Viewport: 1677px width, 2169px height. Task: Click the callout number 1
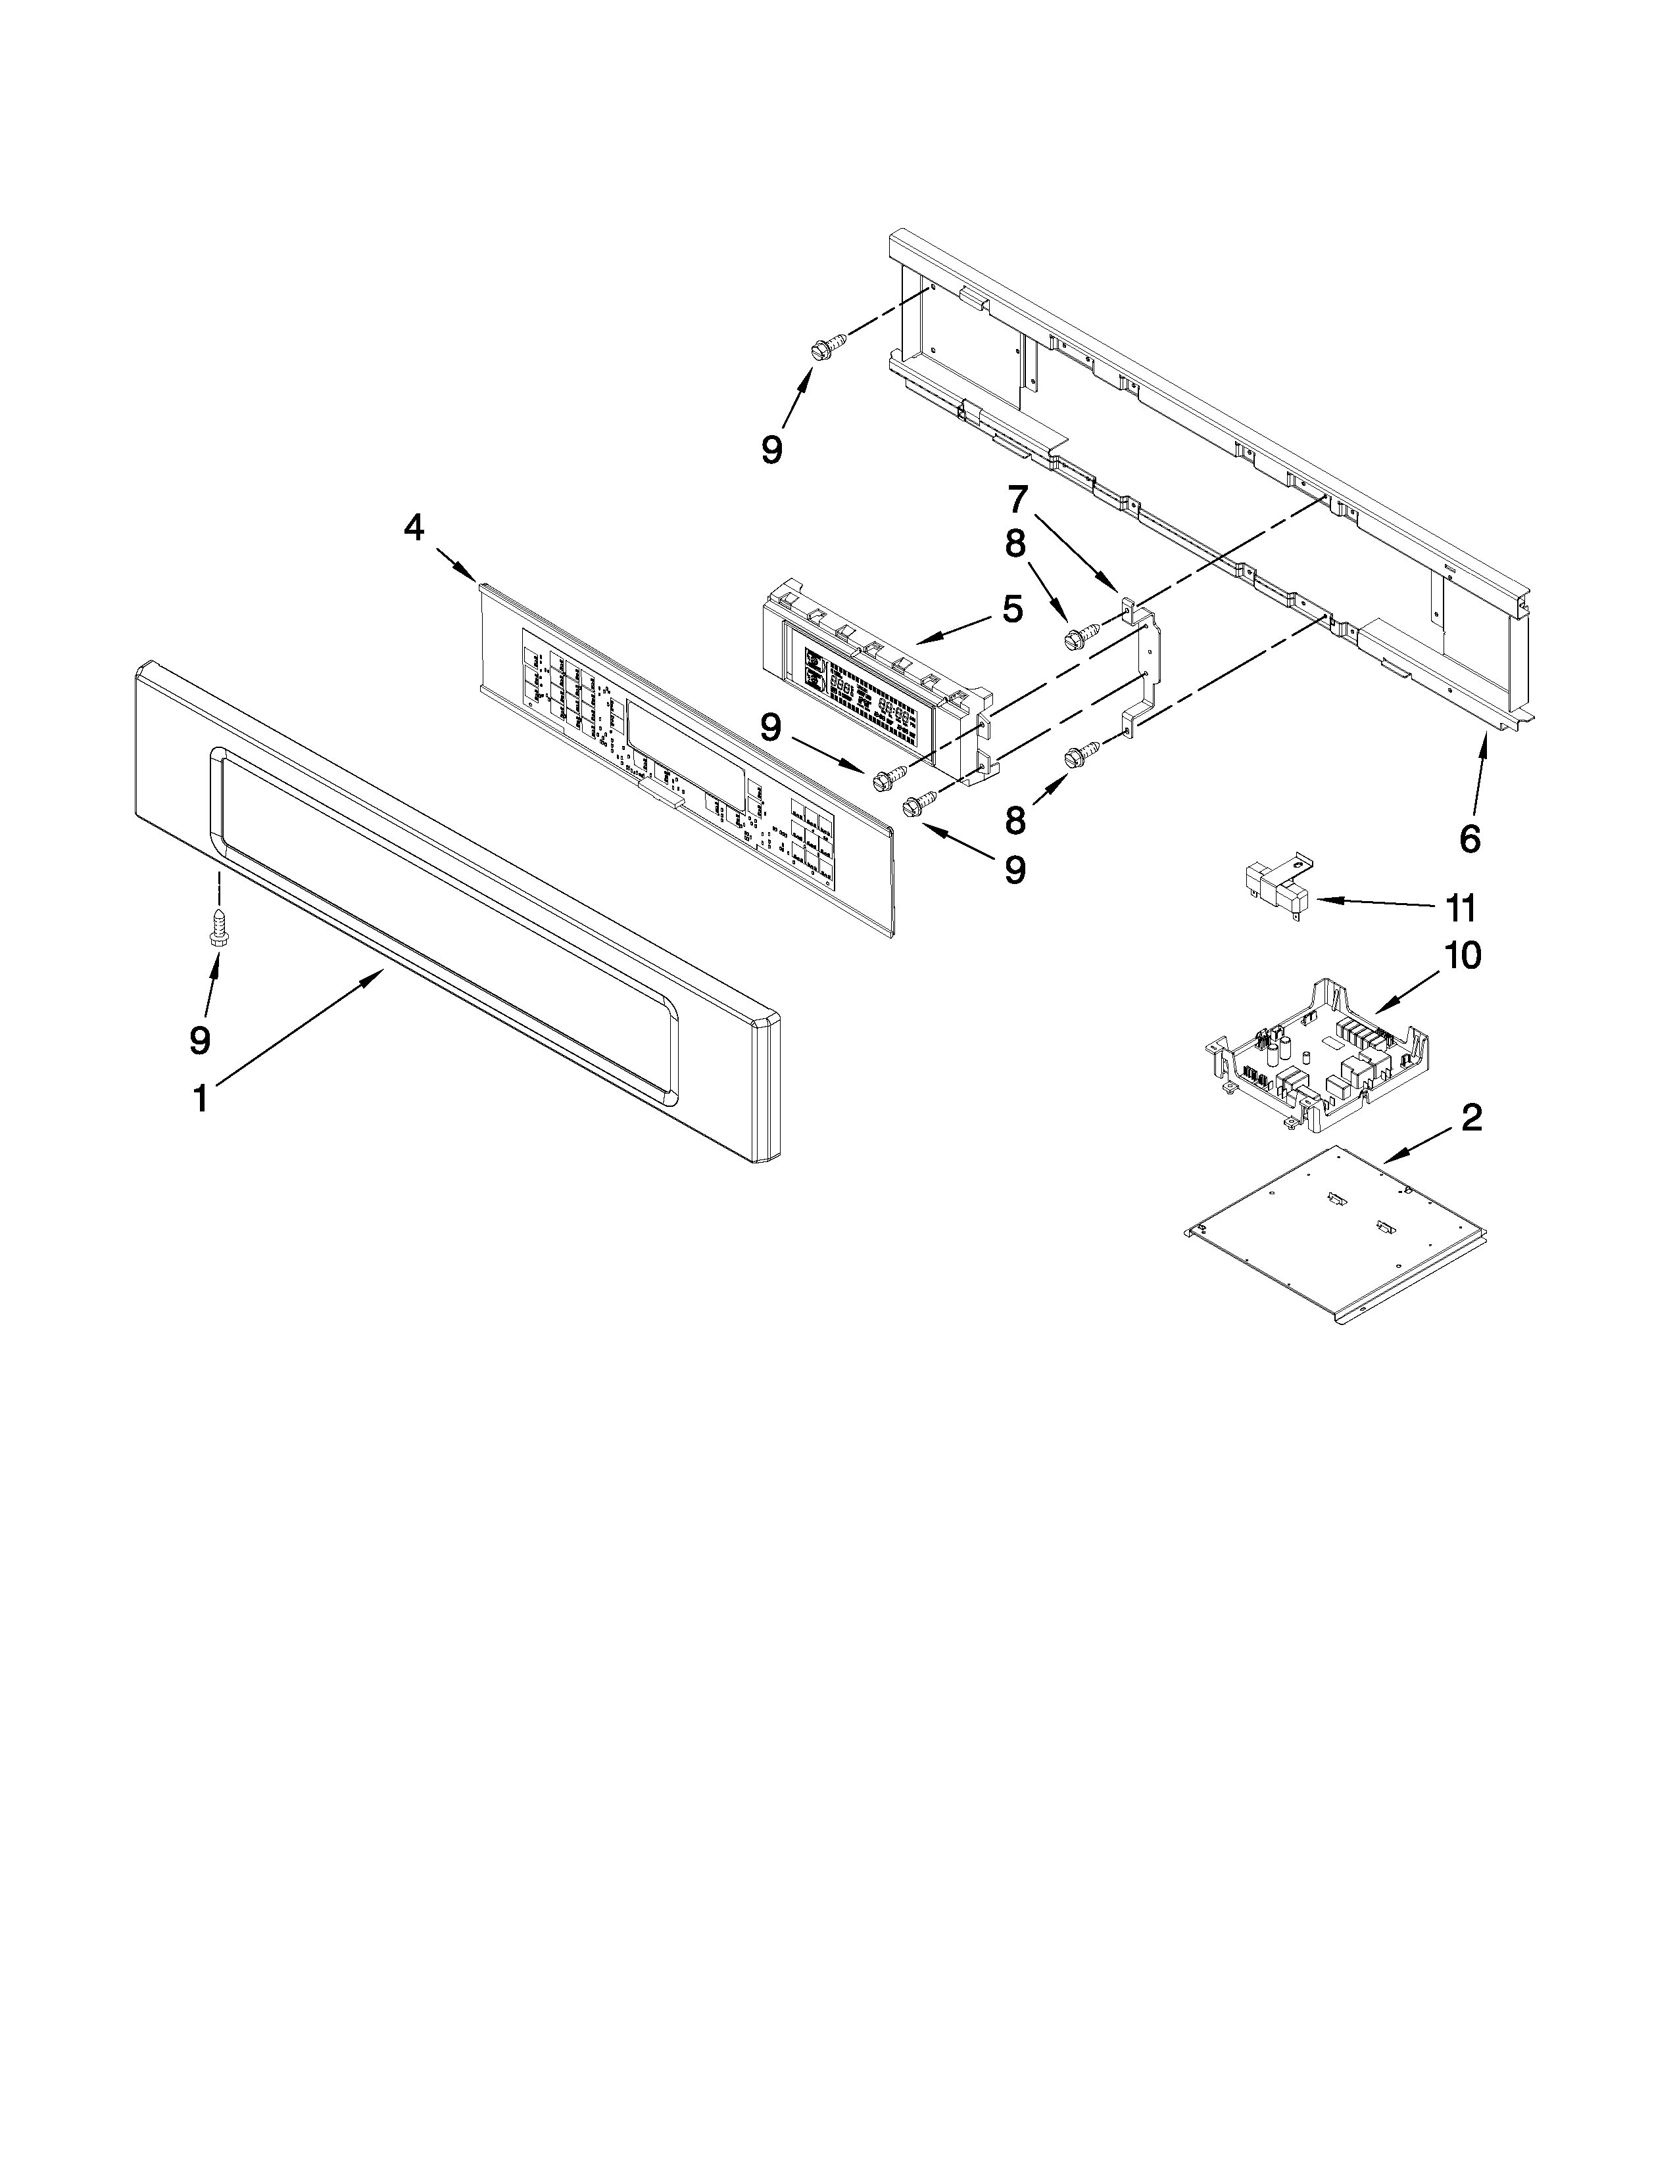[x=200, y=1098]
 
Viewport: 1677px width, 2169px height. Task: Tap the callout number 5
[x=1011, y=609]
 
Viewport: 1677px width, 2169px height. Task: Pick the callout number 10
[x=1463, y=956]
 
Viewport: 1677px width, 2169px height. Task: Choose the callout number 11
[x=1459, y=908]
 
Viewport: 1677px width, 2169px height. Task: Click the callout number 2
[x=1471, y=1118]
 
